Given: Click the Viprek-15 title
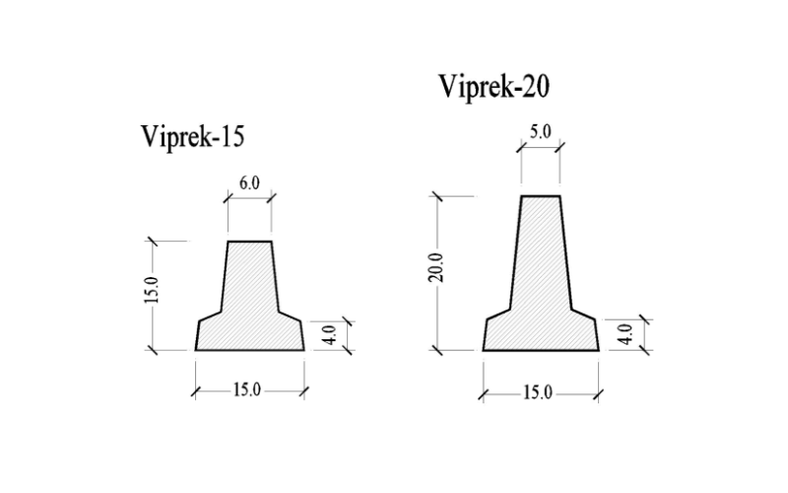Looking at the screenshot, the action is click(192, 136).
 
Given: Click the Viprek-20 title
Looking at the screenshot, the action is click(494, 87).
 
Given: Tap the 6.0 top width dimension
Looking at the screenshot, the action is click(249, 183).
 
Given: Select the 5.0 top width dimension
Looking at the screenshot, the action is click(540, 132).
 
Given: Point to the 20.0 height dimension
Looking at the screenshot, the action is click(436, 267).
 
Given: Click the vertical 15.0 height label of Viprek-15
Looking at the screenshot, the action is click(152, 290).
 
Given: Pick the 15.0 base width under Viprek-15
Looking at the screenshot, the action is click(247, 389).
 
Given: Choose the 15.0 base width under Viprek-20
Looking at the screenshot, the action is click(538, 392).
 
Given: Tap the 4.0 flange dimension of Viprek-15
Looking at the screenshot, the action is click(330, 335).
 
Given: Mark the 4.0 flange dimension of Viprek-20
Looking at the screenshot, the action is click(624, 334).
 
